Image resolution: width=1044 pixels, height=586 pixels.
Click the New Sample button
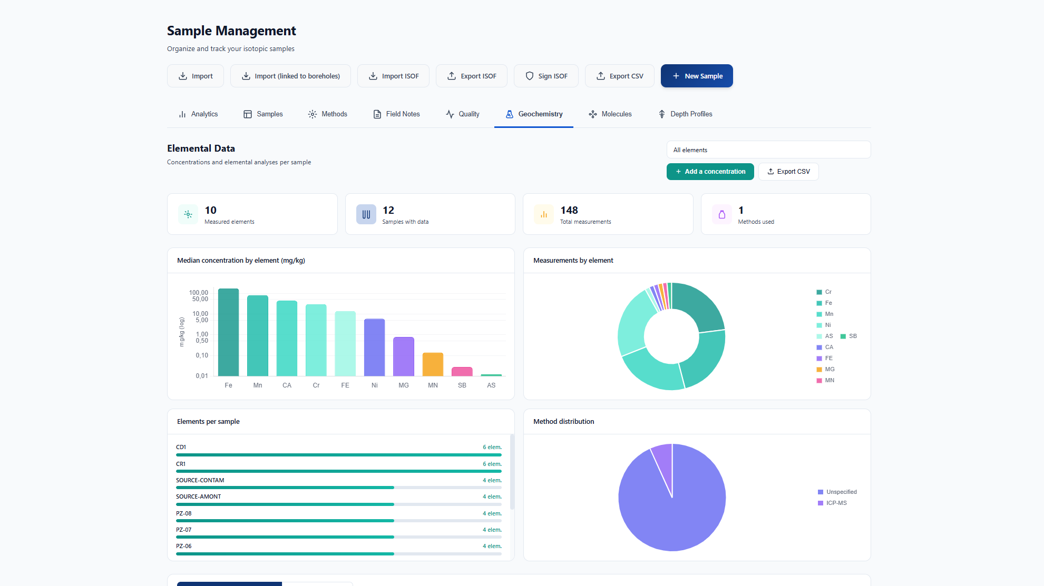tap(697, 76)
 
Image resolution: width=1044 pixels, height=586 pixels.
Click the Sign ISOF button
tap(546, 76)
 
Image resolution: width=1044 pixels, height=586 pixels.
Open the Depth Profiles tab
tap(685, 114)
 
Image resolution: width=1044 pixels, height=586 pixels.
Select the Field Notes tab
tap(396, 114)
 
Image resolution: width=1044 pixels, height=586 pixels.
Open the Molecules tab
tap(610, 114)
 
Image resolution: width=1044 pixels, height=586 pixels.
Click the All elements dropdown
tap(768, 150)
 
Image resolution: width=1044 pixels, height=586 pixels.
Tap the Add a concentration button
tap(710, 172)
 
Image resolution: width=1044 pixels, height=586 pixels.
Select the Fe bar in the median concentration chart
tap(228, 332)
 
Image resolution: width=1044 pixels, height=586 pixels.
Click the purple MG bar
tap(404, 356)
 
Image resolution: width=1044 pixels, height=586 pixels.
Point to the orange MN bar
tap(433, 364)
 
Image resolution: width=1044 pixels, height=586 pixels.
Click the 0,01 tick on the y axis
tap(202, 376)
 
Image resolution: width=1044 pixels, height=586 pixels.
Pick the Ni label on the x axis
tap(374, 385)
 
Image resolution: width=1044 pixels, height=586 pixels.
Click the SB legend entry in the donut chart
tap(848, 336)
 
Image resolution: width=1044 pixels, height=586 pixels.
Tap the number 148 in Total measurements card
tap(569, 210)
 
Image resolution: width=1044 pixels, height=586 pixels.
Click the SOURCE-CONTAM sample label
tap(200, 480)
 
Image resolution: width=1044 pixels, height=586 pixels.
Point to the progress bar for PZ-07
tap(339, 537)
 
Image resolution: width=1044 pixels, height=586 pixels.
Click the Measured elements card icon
tap(188, 214)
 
